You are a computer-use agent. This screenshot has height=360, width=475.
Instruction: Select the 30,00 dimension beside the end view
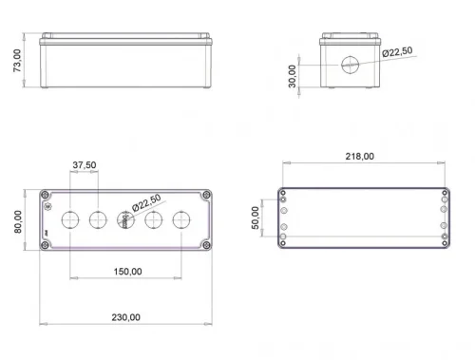(293, 74)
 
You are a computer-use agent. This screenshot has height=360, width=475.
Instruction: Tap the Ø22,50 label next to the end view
(397, 52)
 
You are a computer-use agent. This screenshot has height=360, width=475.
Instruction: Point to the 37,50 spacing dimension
(84, 165)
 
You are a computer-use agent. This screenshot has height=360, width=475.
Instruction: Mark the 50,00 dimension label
(255, 218)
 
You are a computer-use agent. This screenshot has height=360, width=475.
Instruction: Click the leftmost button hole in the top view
(68, 220)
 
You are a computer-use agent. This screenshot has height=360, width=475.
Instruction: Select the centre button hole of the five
(124, 220)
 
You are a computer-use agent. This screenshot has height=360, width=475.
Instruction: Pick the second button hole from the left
(97, 220)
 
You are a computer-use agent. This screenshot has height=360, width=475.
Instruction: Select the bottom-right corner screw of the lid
(204, 246)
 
